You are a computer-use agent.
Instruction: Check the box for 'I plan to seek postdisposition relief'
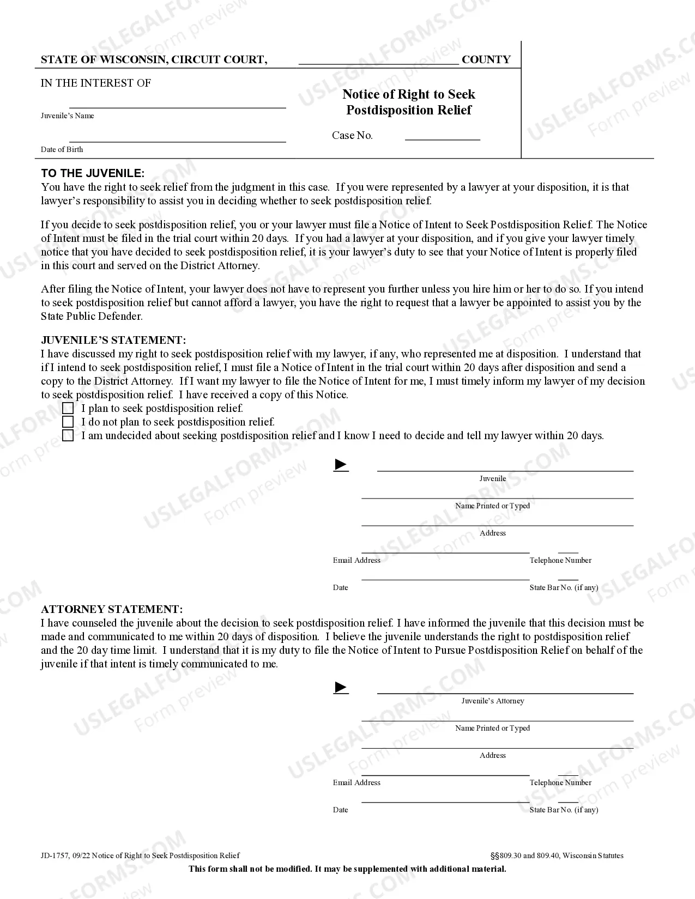click(68, 408)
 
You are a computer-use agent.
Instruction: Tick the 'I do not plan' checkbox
click(68, 422)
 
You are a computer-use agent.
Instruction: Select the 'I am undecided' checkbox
click(68, 435)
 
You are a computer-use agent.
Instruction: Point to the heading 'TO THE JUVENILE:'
click(93, 173)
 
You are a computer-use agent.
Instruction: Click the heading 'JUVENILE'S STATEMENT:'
click(113, 340)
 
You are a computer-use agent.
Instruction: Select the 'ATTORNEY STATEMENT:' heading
click(112, 609)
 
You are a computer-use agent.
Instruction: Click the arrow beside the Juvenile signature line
click(341, 465)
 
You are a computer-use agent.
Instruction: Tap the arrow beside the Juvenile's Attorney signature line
click(341, 687)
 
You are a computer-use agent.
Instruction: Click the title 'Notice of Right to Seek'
click(409, 94)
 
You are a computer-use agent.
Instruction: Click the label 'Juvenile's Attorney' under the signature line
click(493, 701)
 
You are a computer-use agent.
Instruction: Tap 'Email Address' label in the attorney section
click(356, 782)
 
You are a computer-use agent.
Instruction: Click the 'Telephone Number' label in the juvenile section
click(560, 560)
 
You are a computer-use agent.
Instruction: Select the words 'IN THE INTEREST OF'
click(96, 83)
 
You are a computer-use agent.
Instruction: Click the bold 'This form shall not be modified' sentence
click(347, 868)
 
